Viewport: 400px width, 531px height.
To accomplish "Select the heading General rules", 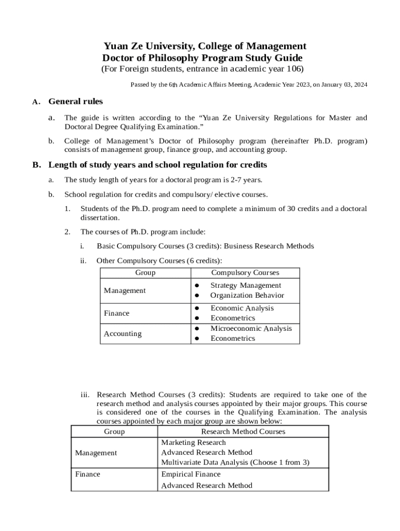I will point(75,102).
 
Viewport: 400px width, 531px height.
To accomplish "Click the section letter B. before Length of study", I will point(36,165).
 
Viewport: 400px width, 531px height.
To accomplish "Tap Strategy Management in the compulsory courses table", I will point(245,285).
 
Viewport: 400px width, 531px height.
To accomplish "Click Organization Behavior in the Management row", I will point(247,295).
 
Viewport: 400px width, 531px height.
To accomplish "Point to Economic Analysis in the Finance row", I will point(242,308).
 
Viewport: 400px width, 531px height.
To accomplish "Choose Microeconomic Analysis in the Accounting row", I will point(251,328).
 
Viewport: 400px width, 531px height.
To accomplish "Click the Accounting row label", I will point(123,333).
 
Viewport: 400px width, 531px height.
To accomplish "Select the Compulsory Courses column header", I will point(245,272).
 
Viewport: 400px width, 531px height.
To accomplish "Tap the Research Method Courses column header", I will point(243,431).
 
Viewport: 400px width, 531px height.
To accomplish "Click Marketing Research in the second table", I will point(193,442).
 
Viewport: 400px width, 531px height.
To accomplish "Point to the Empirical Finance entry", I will point(191,474).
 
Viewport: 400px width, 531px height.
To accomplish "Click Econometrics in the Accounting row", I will point(232,338).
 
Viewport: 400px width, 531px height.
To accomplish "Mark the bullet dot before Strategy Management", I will point(197,285).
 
